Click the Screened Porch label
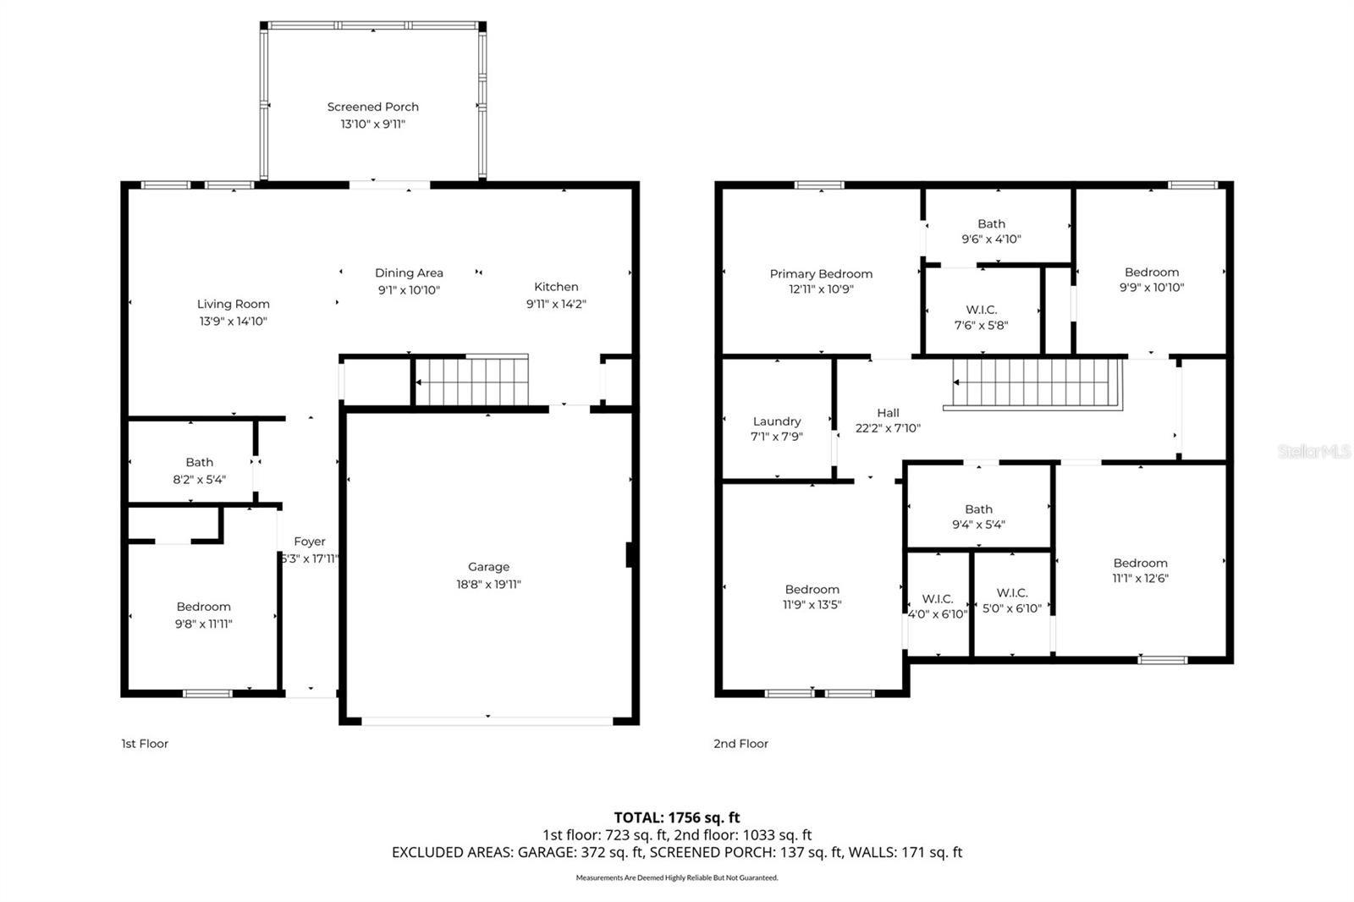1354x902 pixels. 372,107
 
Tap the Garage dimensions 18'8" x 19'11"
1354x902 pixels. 488,584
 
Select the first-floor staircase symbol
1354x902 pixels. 471,382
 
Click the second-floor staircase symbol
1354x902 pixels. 1037,383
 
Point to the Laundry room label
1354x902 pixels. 776,421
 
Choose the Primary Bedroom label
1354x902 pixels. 821,273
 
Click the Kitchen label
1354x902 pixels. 556,287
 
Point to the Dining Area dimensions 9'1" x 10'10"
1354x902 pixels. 409,290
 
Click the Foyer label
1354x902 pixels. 310,542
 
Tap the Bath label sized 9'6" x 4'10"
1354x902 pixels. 991,224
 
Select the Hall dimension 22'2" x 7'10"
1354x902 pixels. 888,428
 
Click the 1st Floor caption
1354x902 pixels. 145,744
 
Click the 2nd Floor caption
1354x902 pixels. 740,744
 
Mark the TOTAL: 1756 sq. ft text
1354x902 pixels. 676,817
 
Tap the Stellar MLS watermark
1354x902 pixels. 1313,452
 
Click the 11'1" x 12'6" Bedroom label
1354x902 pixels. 1140,564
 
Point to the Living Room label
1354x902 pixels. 233,304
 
